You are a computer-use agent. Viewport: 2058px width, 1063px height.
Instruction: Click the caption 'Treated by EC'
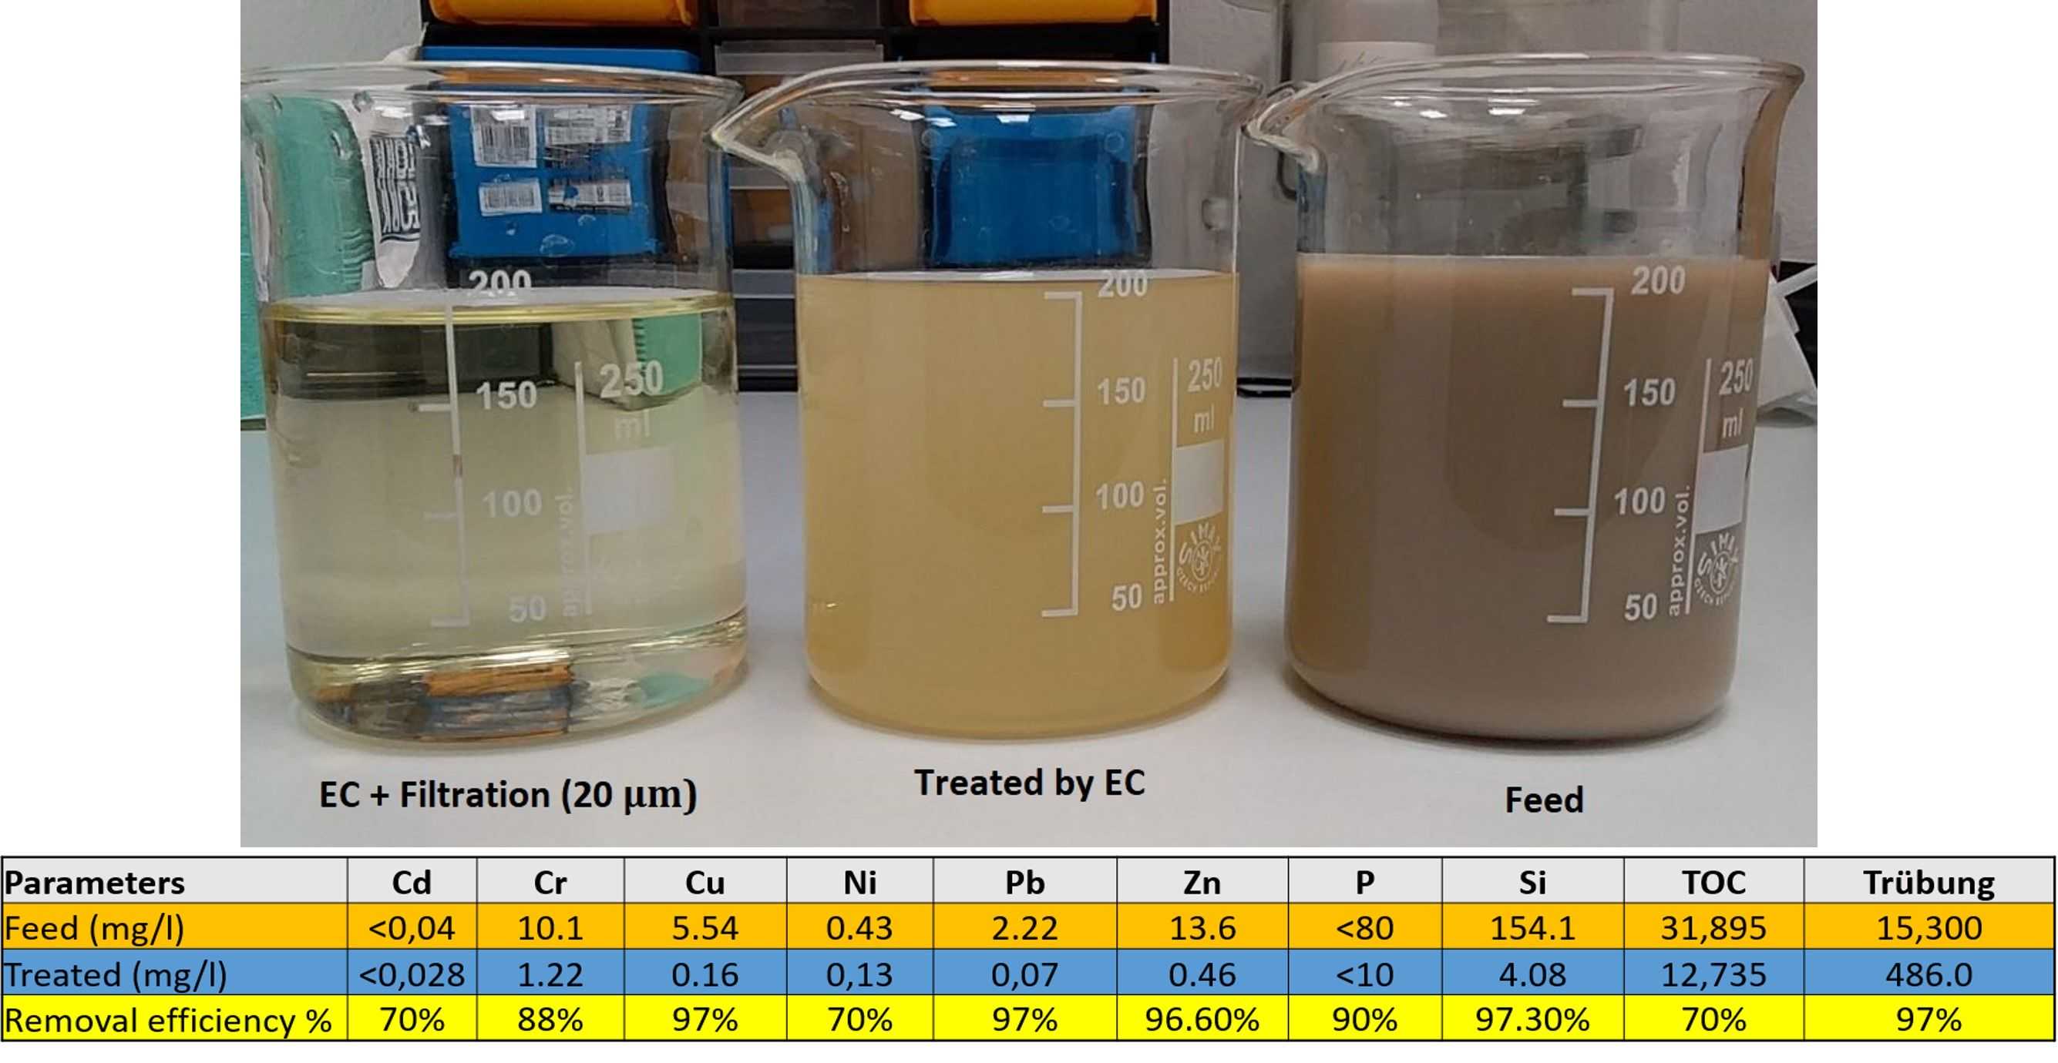tap(1029, 783)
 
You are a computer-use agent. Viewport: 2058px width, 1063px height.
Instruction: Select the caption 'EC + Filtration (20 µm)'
tap(508, 796)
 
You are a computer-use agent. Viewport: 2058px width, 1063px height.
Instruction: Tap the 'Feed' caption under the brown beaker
tap(1543, 800)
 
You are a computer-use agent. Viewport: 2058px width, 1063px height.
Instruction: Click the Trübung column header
tap(1929, 883)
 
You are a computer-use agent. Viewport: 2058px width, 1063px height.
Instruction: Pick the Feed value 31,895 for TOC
tap(1713, 928)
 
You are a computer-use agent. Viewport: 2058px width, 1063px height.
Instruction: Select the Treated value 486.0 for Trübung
tap(1929, 974)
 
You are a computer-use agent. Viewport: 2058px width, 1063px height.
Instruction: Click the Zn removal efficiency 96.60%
tap(1202, 1020)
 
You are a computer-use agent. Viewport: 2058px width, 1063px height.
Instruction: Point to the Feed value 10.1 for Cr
tap(550, 928)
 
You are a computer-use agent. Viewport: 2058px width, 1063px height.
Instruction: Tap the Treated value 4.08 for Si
tap(1532, 974)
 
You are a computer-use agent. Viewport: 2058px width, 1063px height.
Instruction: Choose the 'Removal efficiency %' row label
tap(168, 1021)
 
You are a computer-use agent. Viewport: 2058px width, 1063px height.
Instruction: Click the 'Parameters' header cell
tap(94, 883)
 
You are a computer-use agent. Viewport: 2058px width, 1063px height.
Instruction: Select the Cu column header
tap(704, 883)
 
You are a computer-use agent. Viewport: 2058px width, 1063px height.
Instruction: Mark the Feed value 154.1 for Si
tap(1532, 928)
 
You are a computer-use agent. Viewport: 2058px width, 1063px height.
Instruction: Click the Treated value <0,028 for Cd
tap(412, 974)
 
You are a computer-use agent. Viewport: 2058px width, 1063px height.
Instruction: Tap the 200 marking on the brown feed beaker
tap(1658, 281)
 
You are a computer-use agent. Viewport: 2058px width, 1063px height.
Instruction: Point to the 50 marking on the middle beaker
tap(1126, 598)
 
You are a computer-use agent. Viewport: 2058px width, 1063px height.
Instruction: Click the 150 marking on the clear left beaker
tap(506, 395)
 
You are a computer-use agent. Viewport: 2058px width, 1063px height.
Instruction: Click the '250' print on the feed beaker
tap(1735, 377)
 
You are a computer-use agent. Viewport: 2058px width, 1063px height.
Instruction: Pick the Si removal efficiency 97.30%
tap(1532, 1020)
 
